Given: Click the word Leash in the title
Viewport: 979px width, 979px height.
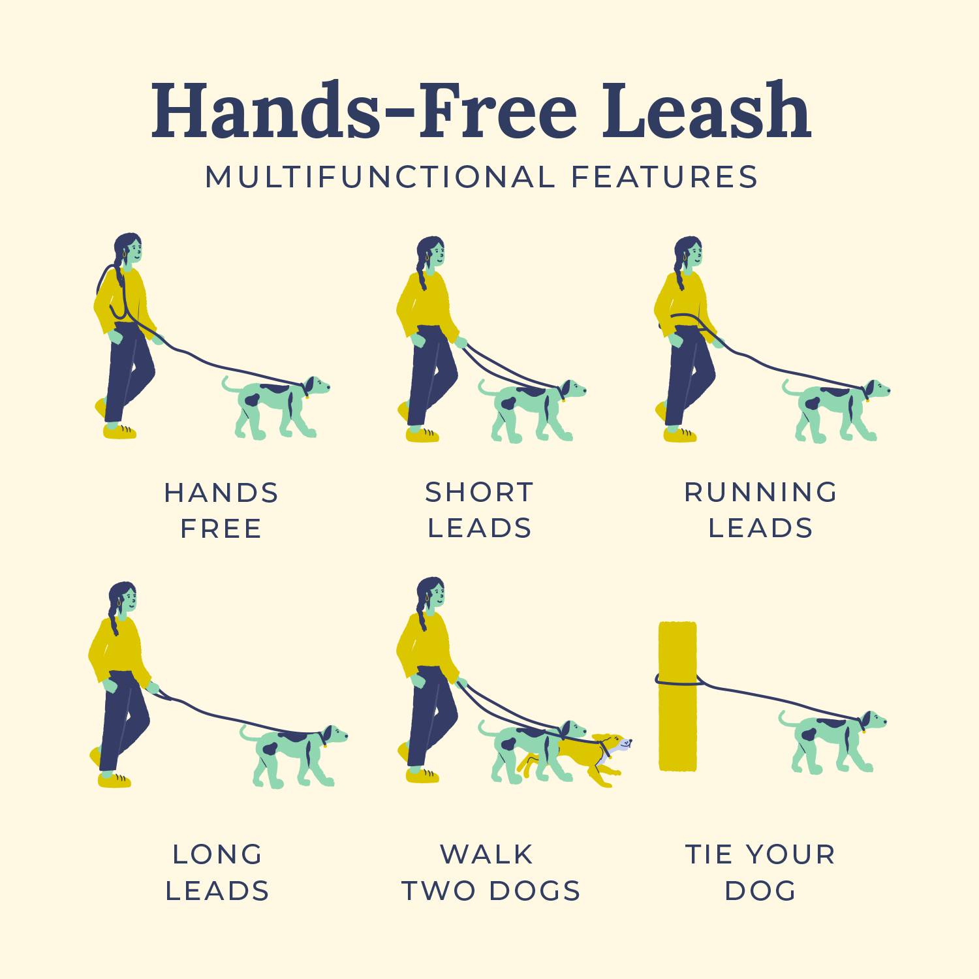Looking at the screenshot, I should [706, 111].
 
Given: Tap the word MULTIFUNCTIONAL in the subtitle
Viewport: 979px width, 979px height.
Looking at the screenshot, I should [381, 178].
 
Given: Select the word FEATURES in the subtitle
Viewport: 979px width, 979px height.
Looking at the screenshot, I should [664, 178].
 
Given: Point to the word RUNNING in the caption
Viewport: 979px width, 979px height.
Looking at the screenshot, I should [760, 492].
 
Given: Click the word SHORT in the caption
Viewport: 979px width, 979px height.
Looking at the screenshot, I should [480, 492].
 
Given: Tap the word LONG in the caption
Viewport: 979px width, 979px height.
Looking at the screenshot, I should [217, 854].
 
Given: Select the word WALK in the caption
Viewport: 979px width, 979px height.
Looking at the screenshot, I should [487, 854].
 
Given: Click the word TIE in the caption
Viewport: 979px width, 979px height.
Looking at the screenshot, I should [710, 854].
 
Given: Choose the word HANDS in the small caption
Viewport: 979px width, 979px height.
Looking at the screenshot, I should [221, 493].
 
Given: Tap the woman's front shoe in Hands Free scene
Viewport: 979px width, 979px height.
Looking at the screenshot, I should [119, 431].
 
